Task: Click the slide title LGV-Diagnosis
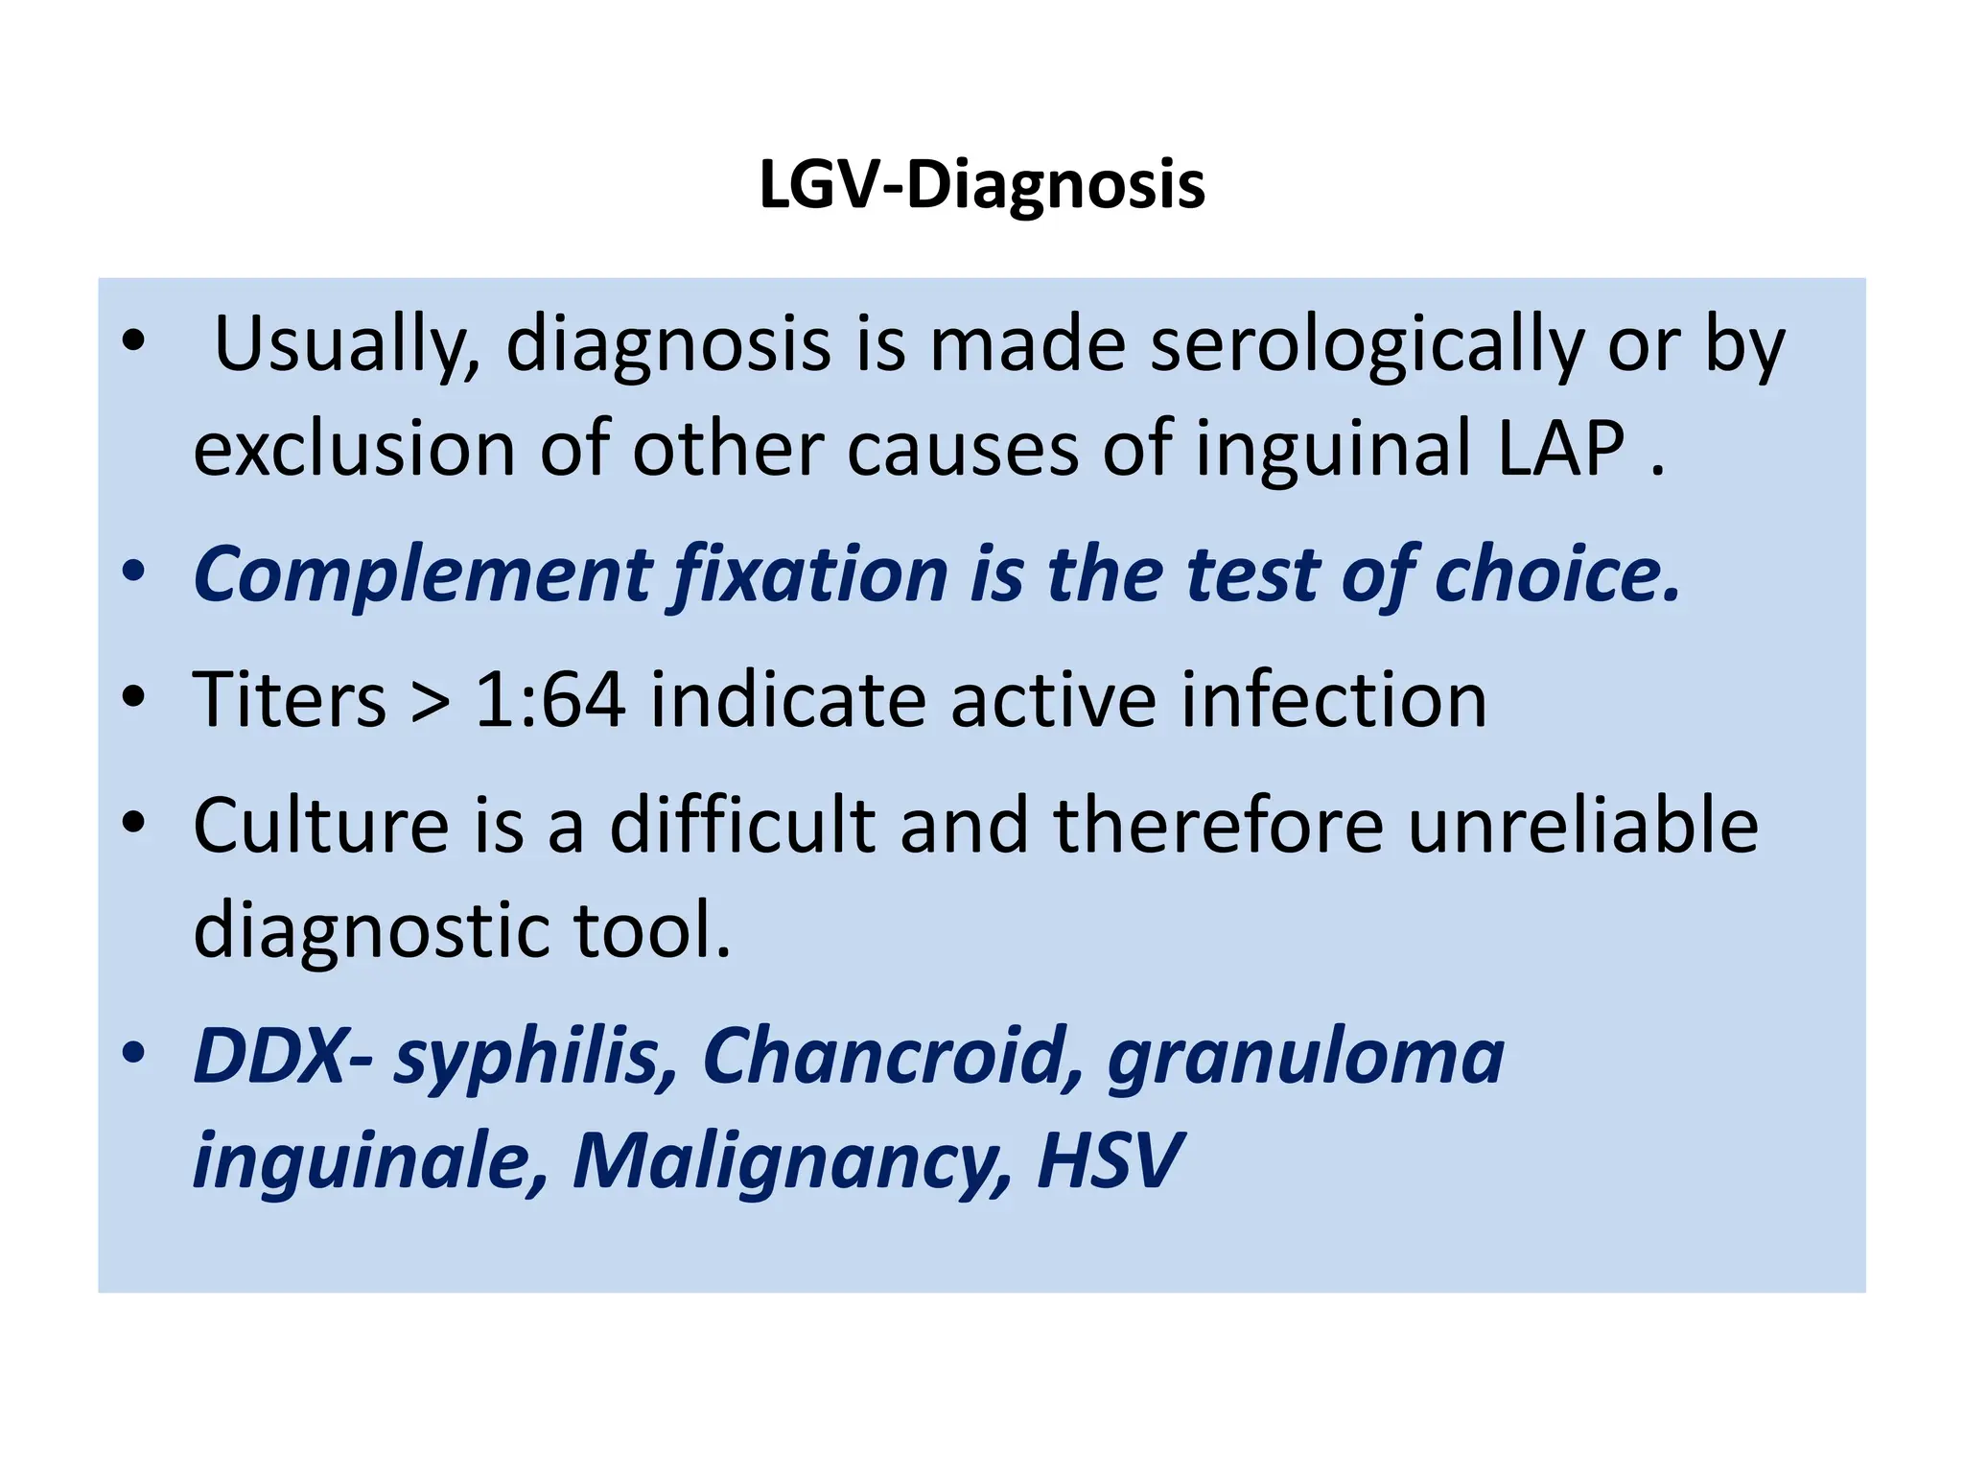981,185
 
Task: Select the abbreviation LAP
1560,449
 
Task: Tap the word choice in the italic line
1555,574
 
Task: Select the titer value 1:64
549,700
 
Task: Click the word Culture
320,826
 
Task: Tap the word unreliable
1582,826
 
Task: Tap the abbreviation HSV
1110,1161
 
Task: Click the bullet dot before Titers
133,697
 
